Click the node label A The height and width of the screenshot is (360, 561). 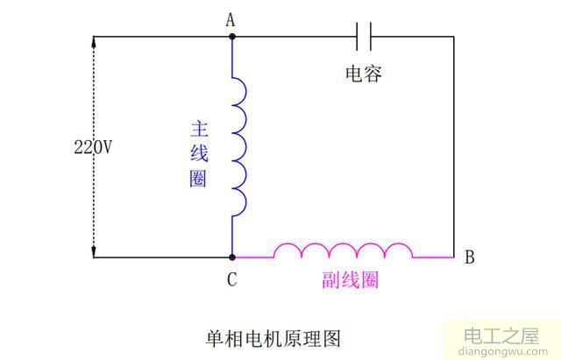[x=232, y=18]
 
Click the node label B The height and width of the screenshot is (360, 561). [x=470, y=258]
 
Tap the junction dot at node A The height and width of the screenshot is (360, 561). [x=232, y=37]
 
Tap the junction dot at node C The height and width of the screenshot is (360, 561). [x=232, y=258]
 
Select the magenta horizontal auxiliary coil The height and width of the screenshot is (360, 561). [x=343, y=251]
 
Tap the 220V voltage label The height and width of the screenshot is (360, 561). [x=92, y=148]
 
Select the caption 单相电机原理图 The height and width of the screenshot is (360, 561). [x=273, y=337]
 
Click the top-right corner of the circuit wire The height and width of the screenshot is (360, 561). [x=454, y=37]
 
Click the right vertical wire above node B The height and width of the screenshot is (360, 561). [x=454, y=149]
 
